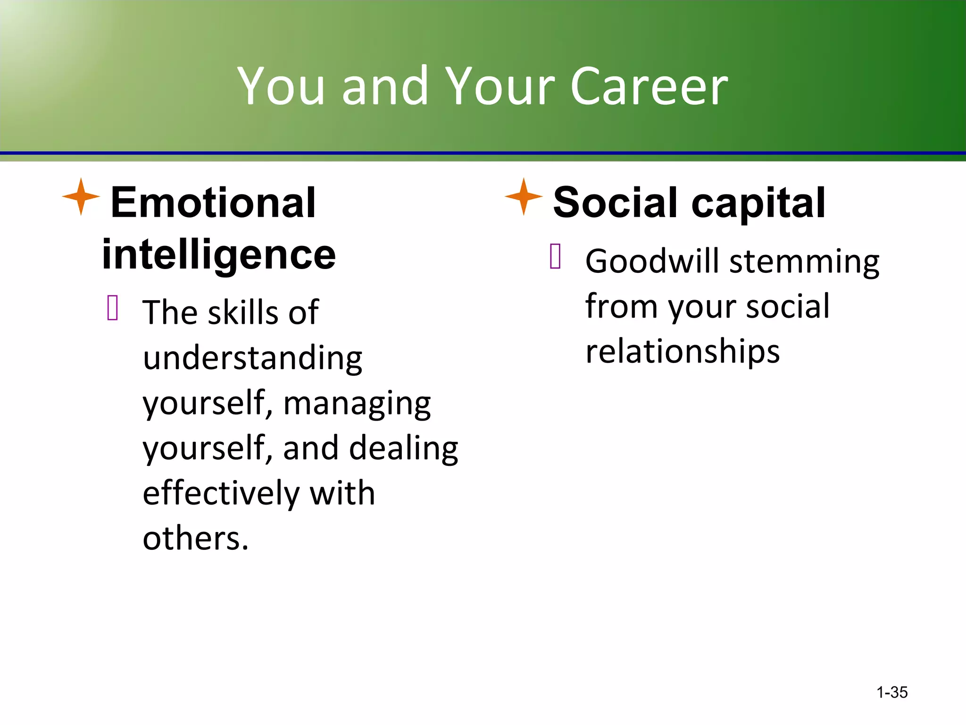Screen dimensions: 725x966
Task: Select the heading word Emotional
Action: (x=213, y=203)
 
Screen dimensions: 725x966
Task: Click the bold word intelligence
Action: (x=219, y=255)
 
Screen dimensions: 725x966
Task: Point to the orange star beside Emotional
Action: (x=81, y=197)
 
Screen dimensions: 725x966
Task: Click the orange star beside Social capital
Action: (x=524, y=197)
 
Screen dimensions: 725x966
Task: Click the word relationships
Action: (x=683, y=352)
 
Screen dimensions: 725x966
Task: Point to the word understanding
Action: (x=252, y=359)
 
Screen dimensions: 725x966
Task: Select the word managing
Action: (x=357, y=404)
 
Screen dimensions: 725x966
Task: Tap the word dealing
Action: (x=403, y=448)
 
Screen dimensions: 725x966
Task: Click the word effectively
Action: (x=221, y=493)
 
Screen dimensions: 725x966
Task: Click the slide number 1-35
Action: (x=891, y=692)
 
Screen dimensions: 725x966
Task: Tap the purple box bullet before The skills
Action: (x=113, y=308)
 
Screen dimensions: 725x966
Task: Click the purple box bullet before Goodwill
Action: (x=555, y=256)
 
